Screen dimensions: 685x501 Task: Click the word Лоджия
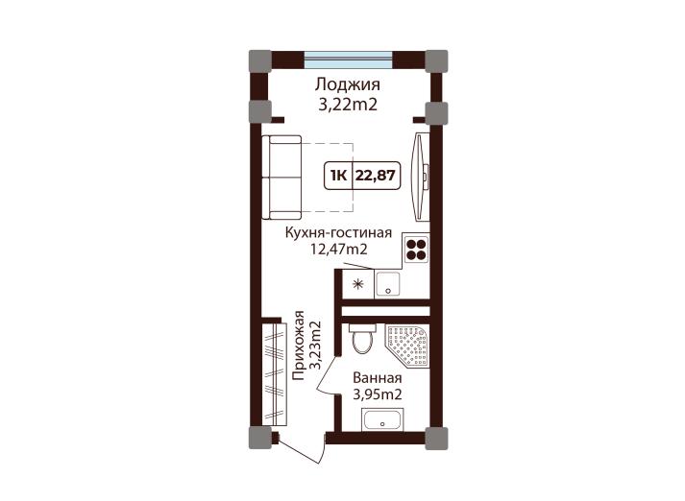coord(348,85)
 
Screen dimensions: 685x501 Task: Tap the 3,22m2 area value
coord(348,105)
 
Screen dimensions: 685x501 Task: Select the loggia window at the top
coord(348,60)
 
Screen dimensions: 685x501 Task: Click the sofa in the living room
coord(281,178)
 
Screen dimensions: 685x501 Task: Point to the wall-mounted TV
coord(420,177)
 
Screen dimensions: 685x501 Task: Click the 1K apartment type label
coord(338,176)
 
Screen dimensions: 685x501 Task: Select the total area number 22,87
coord(376,176)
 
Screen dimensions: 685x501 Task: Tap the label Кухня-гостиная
coord(338,232)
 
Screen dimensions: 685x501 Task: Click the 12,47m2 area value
coord(338,250)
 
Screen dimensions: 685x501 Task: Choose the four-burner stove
coord(416,250)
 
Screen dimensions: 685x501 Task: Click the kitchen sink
coord(387,284)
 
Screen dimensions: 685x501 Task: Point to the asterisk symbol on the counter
coord(358,284)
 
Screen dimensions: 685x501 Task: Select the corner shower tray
coord(407,346)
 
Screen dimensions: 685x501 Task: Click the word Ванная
coord(377,378)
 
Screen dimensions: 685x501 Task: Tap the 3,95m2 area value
coord(377,394)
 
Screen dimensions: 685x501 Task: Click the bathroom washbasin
coord(382,420)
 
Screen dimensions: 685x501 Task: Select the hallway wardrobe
coord(275,374)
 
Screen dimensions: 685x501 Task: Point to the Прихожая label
coord(299,345)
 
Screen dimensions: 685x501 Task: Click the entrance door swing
coord(302,449)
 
